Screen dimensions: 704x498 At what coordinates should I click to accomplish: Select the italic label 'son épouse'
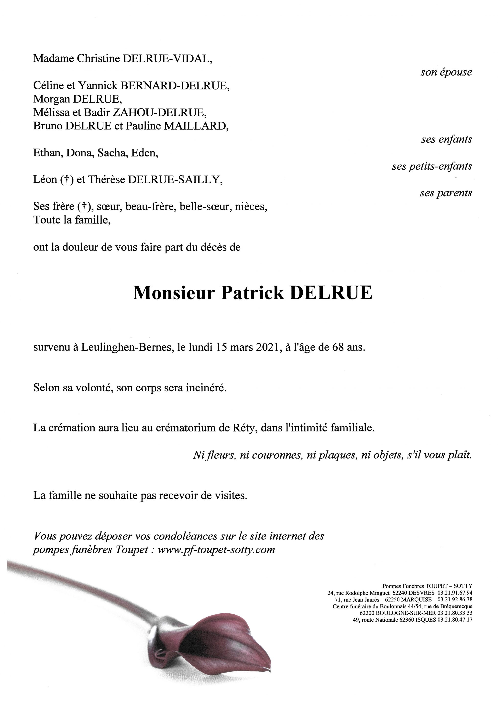pos(446,72)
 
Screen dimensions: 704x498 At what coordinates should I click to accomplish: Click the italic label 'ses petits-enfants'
pos(432,166)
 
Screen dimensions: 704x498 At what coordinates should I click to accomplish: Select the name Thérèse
pos(106,180)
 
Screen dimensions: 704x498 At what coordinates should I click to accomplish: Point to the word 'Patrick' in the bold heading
pos(252,293)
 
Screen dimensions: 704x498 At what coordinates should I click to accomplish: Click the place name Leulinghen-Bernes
pos(126,348)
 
